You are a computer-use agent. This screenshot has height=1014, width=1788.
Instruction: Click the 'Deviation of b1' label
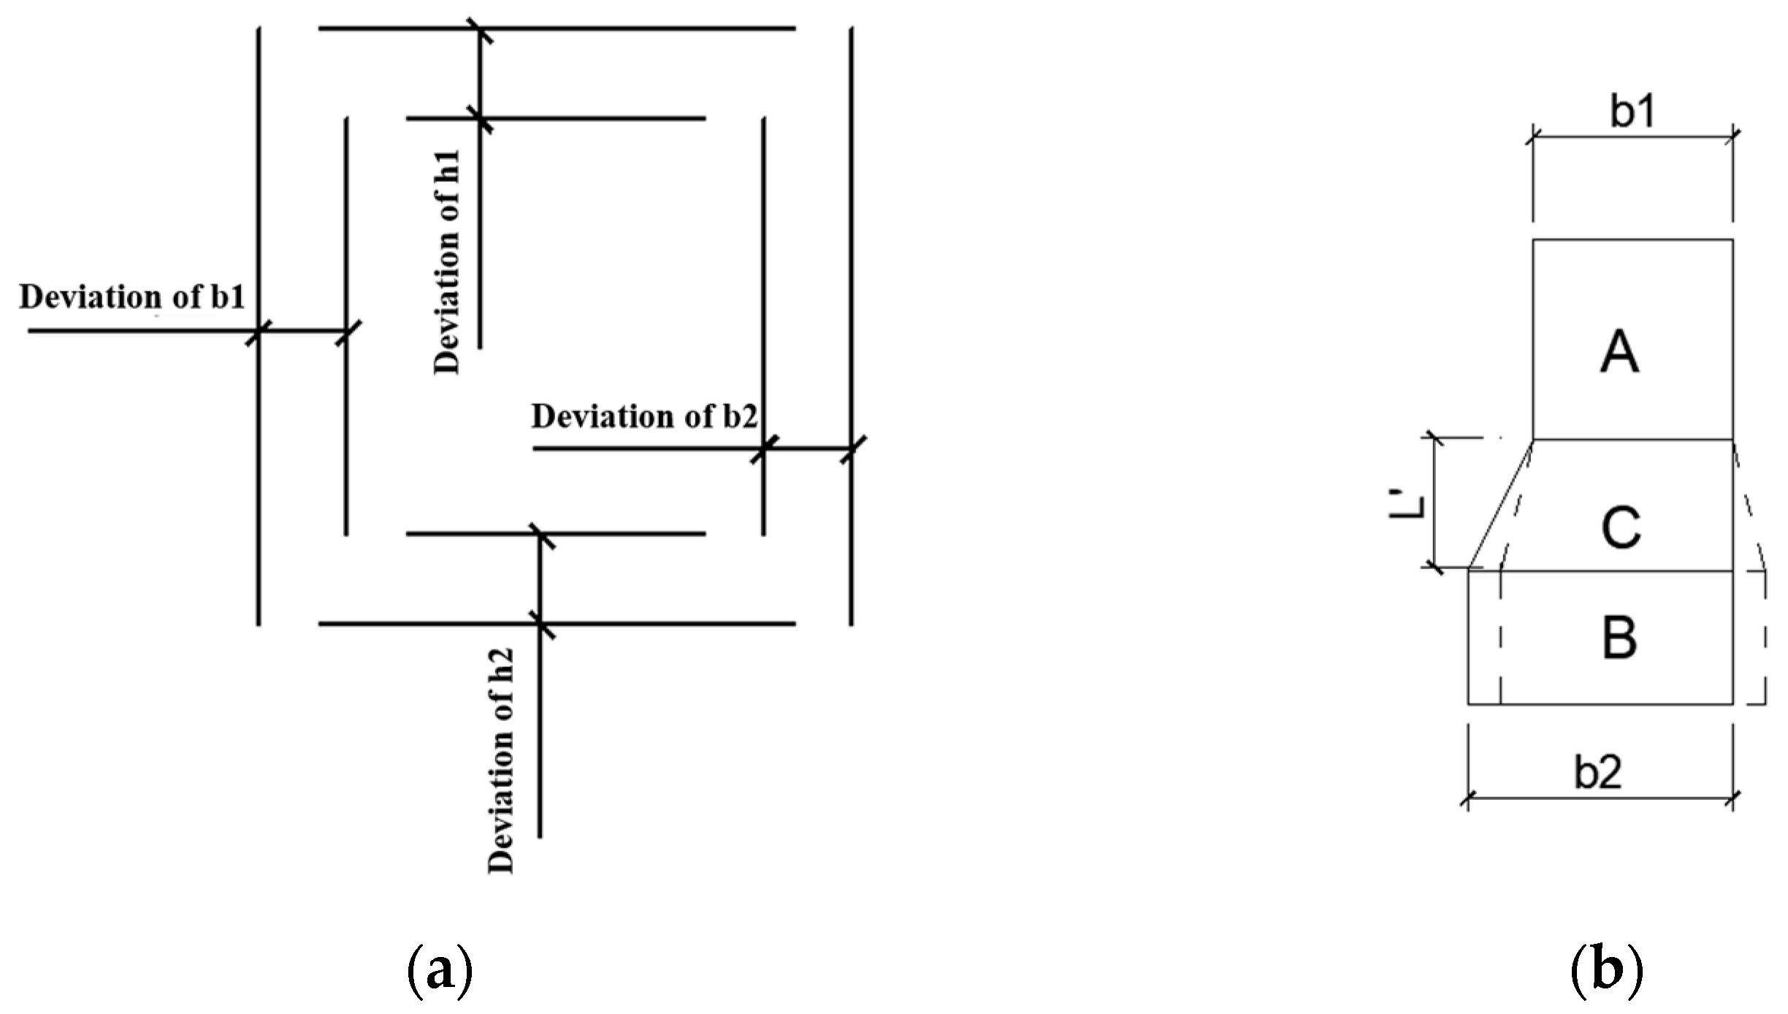(131, 297)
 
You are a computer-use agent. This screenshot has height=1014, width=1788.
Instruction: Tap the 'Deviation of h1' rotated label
(447, 262)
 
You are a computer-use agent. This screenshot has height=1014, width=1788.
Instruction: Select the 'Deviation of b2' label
(644, 416)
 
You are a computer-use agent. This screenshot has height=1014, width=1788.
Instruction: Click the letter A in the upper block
(1619, 352)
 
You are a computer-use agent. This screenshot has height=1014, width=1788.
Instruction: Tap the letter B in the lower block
(1619, 638)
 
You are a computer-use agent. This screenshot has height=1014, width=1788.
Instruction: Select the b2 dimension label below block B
(1597, 771)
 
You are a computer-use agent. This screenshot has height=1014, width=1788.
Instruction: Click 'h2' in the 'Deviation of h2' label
(501, 665)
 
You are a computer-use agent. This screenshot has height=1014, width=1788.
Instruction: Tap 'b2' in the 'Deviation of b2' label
(740, 416)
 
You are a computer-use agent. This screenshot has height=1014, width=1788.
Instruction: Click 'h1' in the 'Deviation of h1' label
(447, 167)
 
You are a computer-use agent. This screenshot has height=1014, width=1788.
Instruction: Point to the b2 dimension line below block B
(1600, 798)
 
